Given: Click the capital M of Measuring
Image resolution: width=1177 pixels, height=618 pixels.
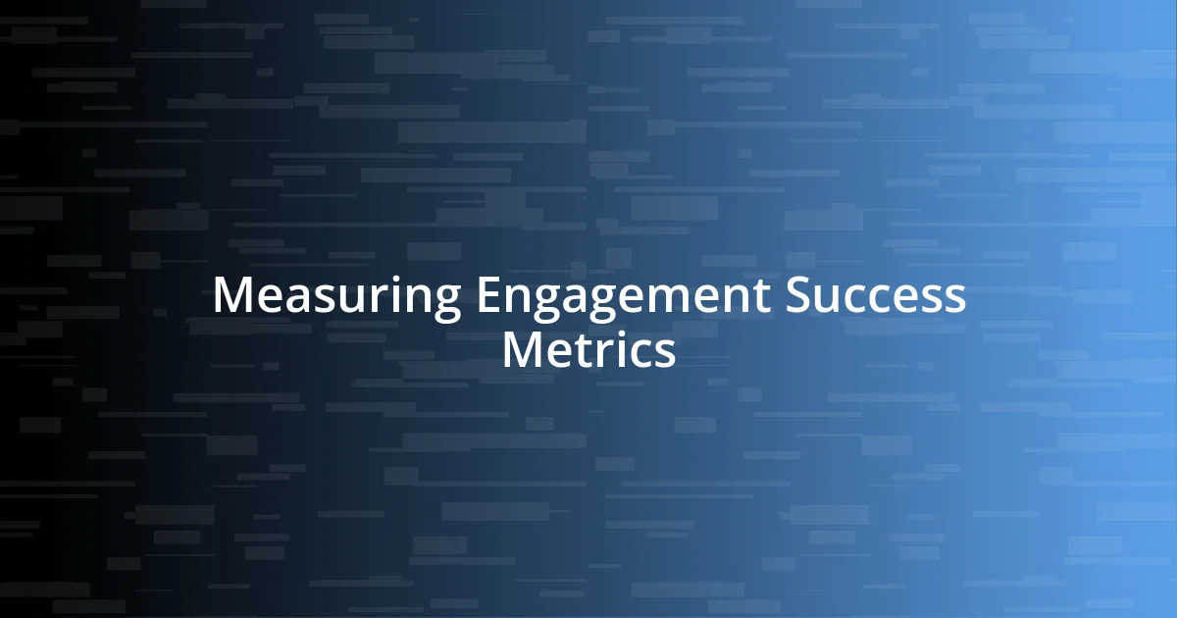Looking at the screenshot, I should click(232, 295).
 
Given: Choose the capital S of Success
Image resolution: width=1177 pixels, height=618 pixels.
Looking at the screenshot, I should click(797, 295).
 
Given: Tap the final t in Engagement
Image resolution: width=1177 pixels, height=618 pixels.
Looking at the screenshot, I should click(761, 296).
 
